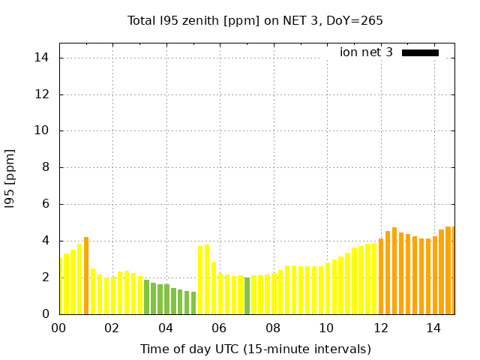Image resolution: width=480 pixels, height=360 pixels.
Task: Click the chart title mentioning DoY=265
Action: click(255, 20)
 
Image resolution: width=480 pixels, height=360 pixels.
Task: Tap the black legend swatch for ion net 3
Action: click(420, 52)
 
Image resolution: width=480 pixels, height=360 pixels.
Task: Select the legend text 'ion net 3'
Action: click(366, 52)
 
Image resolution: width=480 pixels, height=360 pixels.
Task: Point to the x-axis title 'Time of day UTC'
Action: click(255, 349)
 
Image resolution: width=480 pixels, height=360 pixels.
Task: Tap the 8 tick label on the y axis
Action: click(45, 168)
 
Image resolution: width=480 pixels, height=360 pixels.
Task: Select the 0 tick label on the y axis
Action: click(45, 314)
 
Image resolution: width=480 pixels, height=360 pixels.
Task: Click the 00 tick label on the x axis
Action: click(58, 328)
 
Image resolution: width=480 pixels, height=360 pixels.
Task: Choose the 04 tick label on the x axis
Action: click(166, 328)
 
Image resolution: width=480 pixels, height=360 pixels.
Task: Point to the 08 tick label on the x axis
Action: click(273, 328)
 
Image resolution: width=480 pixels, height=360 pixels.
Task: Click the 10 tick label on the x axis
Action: click(326, 328)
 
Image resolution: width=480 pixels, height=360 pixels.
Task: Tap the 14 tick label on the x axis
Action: click(433, 328)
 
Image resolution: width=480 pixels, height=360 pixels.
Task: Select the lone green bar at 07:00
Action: click(247, 295)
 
